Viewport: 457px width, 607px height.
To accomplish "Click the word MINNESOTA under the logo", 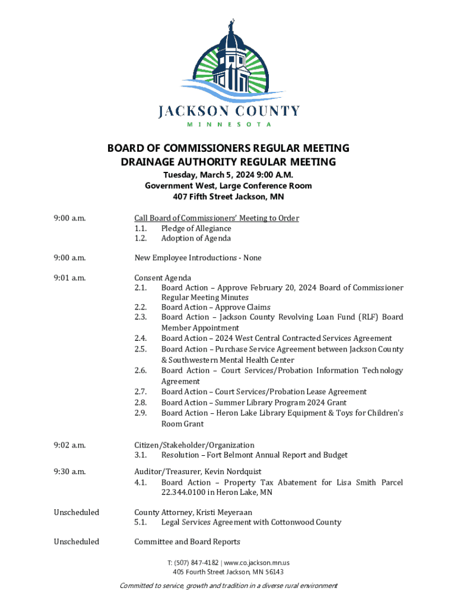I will point(229,124).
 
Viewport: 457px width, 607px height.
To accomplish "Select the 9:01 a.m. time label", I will point(70,277).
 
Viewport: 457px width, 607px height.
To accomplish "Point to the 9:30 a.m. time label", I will point(70,472).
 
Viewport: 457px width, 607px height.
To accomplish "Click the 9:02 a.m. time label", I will point(70,445).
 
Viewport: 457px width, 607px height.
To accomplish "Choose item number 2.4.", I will point(141,338).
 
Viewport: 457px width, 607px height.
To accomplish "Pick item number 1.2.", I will point(141,238).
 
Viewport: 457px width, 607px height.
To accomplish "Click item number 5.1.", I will point(141,522).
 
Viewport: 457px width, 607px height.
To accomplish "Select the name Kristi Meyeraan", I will point(227,512).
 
